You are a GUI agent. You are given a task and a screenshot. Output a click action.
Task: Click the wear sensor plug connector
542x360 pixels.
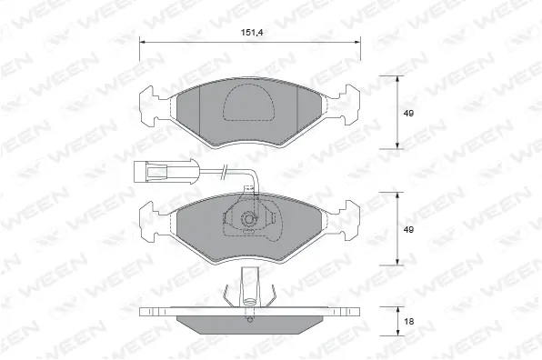[x=156, y=169]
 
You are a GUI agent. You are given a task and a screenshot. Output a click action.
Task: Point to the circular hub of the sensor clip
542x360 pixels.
[x=247, y=221]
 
